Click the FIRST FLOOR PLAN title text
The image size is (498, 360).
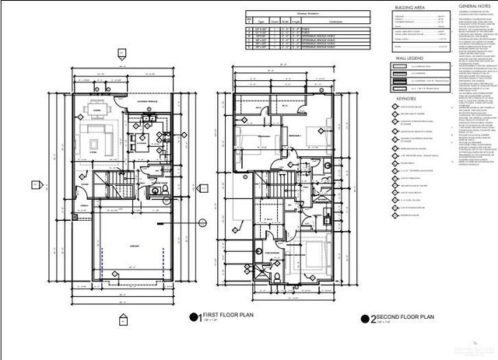pyautogui.click(x=226, y=315)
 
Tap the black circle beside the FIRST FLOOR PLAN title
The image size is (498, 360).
pyautogui.click(x=193, y=316)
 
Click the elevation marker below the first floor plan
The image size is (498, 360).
pyautogui.click(x=123, y=318)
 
